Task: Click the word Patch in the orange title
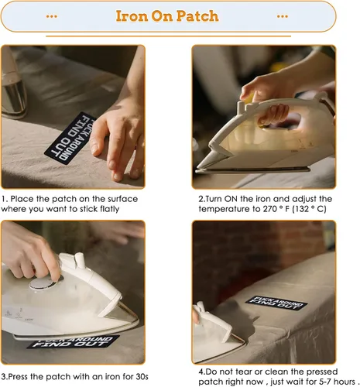(197, 16)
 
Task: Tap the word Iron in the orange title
(132, 16)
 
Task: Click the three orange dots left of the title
(52, 16)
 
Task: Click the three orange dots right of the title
(283, 16)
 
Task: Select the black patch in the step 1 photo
(70, 138)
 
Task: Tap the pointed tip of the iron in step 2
(197, 168)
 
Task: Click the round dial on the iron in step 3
(43, 283)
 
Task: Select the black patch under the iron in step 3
(73, 342)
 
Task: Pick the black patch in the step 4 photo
(276, 303)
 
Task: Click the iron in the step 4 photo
(217, 333)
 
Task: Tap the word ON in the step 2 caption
(231, 199)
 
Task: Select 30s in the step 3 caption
(142, 377)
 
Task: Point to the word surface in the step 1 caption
(123, 199)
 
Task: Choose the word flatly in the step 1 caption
(110, 209)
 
